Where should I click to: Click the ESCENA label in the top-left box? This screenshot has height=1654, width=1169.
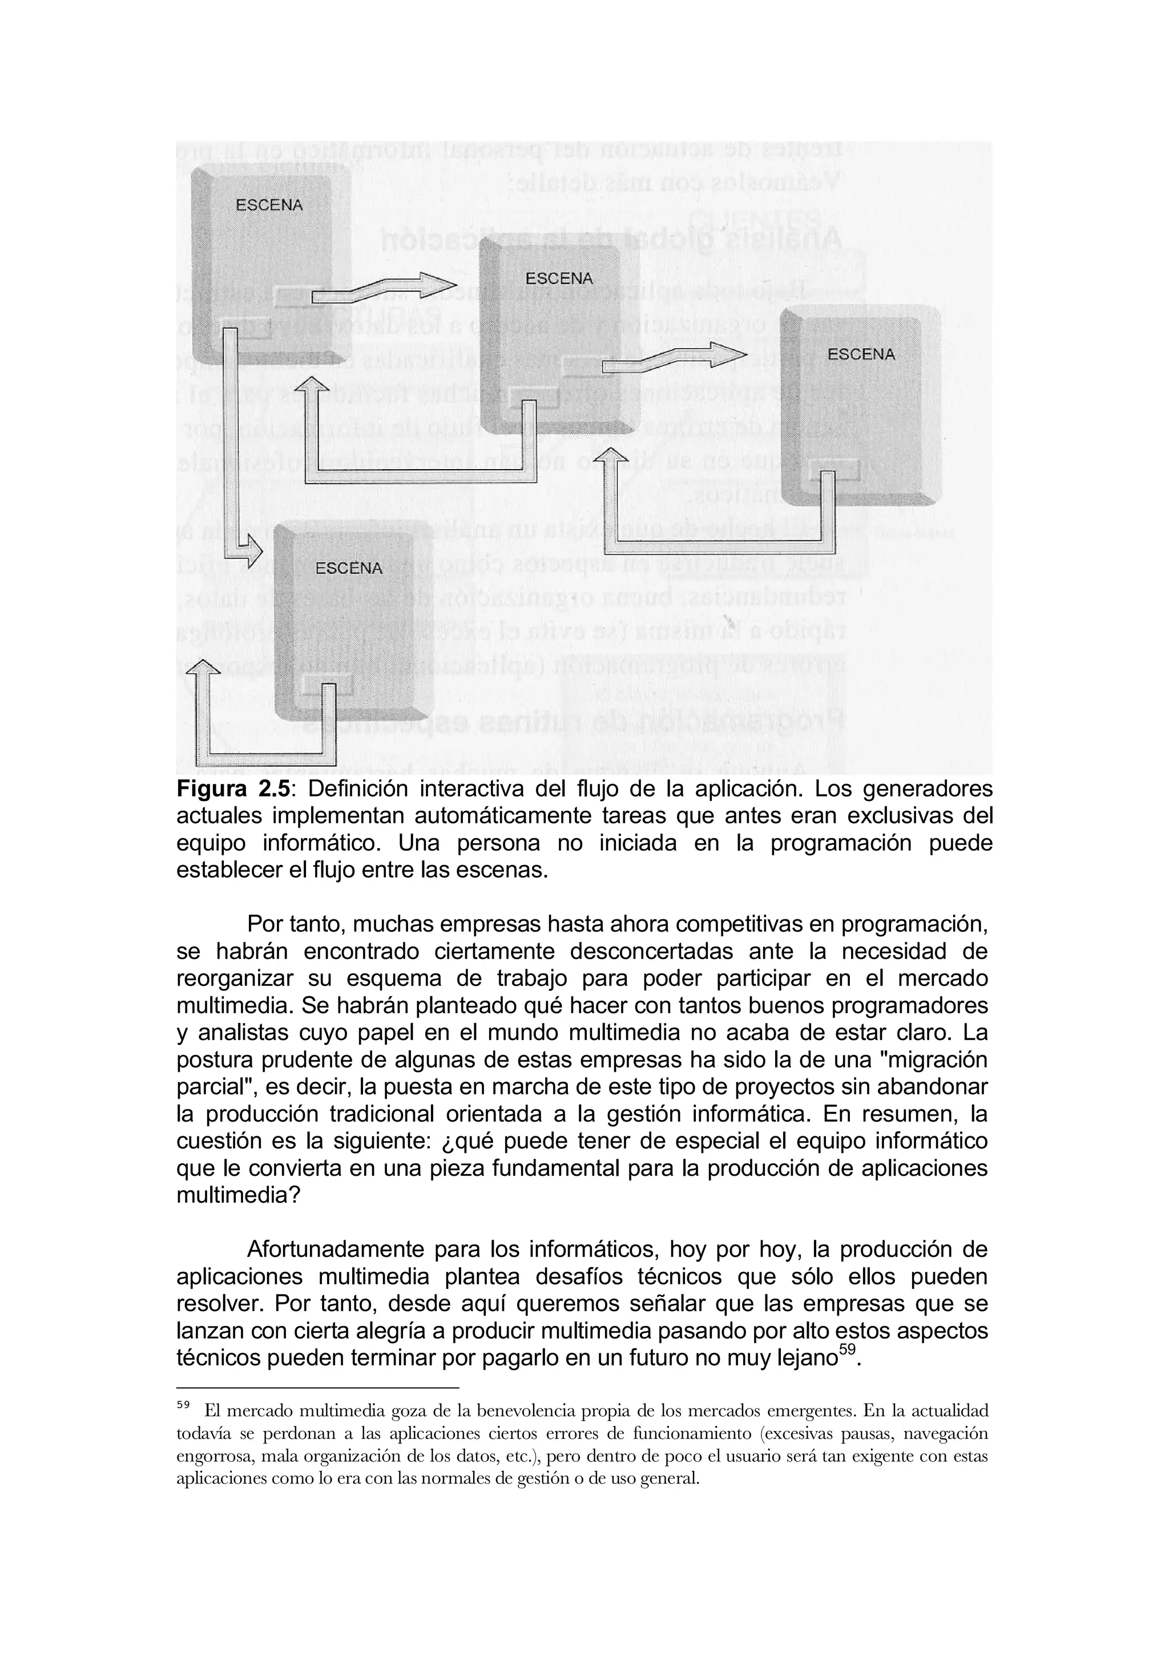pos(269,204)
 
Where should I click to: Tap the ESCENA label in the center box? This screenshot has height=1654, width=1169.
pos(559,278)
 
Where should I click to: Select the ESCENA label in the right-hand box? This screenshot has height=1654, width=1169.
pos(861,354)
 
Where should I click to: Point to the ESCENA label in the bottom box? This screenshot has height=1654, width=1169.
pos(349,568)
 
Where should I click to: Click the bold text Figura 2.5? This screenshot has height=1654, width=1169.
pos(233,789)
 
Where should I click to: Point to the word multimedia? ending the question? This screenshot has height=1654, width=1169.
pos(237,1195)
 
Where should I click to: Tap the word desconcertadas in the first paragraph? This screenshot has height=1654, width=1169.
pos(652,951)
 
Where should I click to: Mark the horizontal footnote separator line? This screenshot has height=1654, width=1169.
pos(317,1387)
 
